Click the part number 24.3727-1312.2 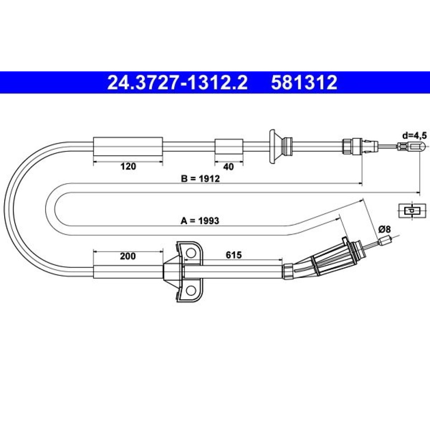click(x=178, y=83)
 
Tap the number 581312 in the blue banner click(x=304, y=83)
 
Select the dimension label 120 click(x=128, y=166)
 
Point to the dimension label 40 click(x=228, y=166)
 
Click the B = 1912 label click(x=200, y=178)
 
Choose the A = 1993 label click(x=200, y=221)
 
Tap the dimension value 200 click(x=128, y=256)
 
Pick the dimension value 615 click(x=233, y=255)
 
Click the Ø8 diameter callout click(x=384, y=229)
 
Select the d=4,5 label click(x=415, y=135)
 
